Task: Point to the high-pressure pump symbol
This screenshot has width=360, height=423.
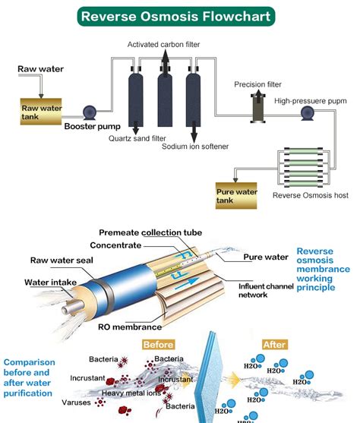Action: pos(308,113)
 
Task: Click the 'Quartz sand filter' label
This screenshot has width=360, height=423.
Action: pos(137,139)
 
